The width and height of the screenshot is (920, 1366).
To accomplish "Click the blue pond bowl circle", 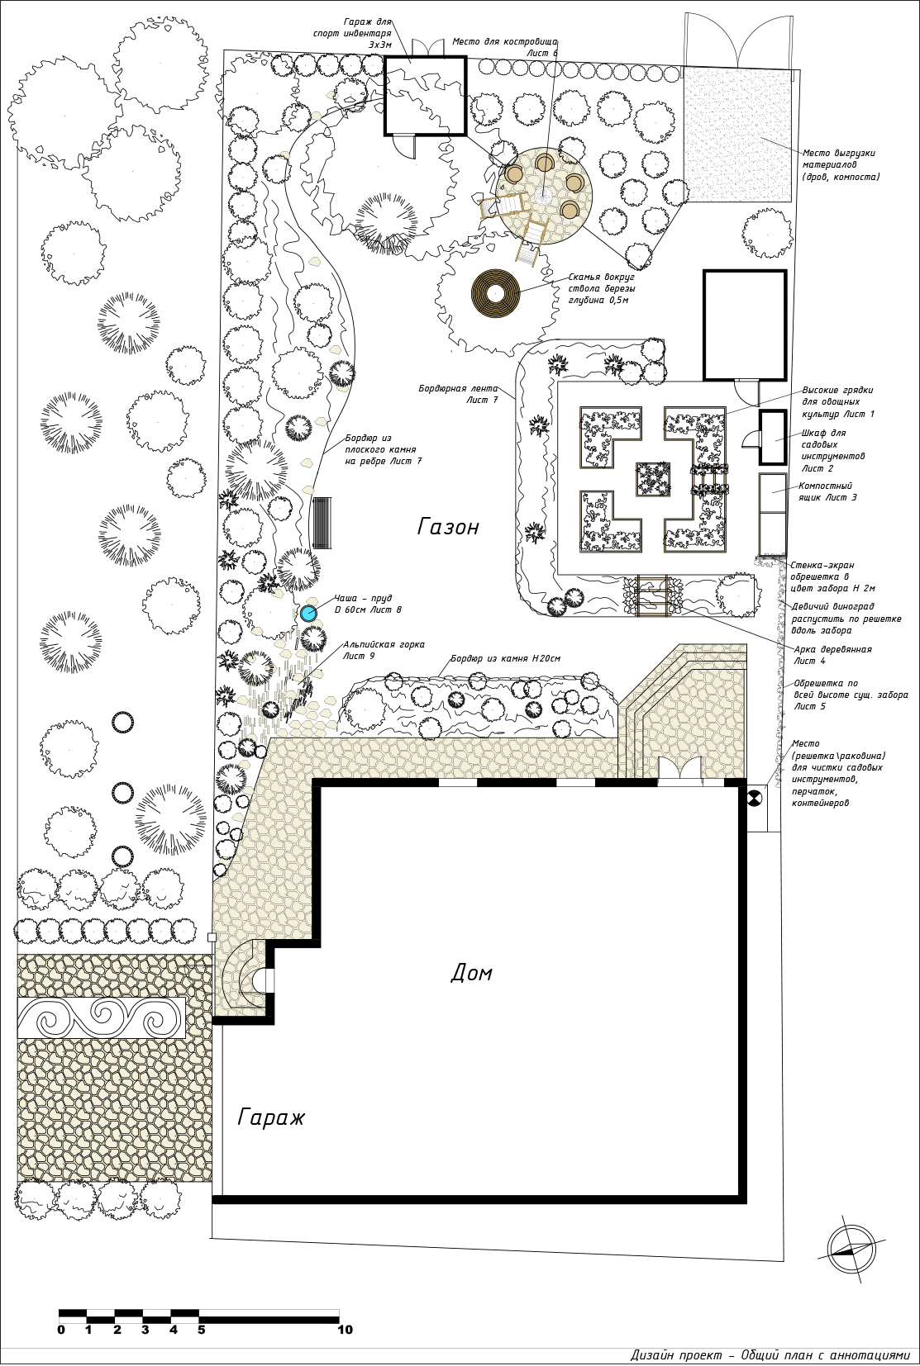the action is [308, 613].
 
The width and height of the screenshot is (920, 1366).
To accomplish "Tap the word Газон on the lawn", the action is [448, 526].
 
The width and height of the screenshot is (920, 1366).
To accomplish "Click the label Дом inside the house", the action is [471, 973].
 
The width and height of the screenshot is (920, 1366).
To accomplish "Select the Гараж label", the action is [270, 1117].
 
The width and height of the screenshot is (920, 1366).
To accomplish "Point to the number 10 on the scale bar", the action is [345, 1329].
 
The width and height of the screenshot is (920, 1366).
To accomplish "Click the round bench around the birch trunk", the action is [495, 293].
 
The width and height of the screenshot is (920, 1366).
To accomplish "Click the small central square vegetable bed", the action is [653, 479].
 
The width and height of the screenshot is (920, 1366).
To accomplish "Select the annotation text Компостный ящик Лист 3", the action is [827, 491].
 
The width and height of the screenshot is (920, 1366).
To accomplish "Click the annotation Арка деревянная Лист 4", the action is [832, 655].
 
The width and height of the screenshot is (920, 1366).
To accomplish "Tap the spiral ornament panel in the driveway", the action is [102, 1017].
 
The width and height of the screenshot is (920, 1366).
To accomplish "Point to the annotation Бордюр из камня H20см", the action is [506, 658].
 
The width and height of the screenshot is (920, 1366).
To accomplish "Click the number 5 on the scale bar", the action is [202, 1329].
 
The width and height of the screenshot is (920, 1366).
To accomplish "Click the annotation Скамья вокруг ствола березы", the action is [601, 288].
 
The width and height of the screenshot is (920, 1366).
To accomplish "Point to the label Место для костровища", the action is [505, 42].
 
